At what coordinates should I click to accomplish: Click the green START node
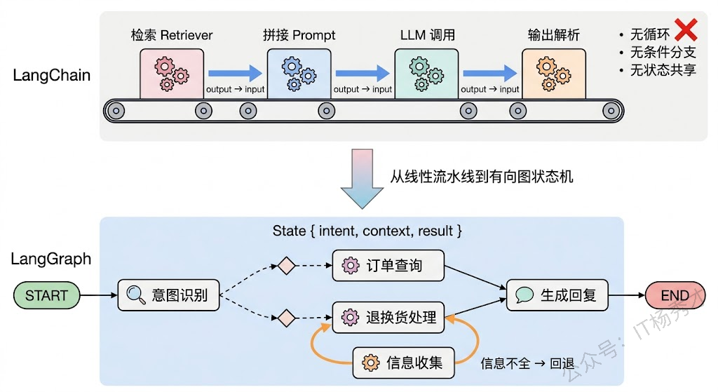46,295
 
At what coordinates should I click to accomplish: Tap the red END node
674,295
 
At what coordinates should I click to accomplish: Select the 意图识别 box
168,295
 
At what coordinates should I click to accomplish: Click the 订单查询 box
388,266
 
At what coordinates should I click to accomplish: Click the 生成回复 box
557,295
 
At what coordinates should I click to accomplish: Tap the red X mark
685,30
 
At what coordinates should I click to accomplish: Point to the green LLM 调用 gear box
426,73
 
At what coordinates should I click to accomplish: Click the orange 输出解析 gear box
553,73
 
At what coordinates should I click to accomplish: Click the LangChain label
52,76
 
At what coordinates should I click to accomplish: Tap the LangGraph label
51,259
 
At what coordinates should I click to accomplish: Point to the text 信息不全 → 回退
527,363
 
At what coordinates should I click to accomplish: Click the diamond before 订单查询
286,266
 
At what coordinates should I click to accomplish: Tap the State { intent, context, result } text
367,231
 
